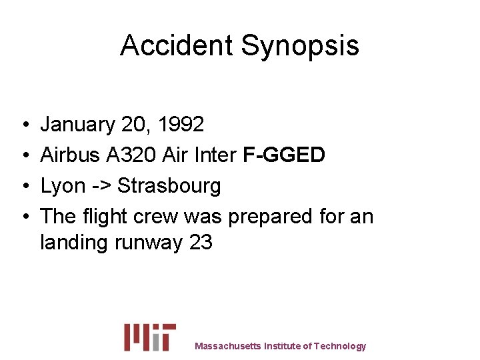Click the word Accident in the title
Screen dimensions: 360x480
177,45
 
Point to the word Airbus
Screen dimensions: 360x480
69,155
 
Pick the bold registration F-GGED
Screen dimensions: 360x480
284,155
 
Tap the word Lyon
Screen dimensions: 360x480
63,187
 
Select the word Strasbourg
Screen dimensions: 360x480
169,186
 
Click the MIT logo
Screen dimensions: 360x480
150,337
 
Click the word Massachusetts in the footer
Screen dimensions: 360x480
228,346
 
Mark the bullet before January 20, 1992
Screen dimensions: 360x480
23,125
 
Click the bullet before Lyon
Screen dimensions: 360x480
23,187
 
